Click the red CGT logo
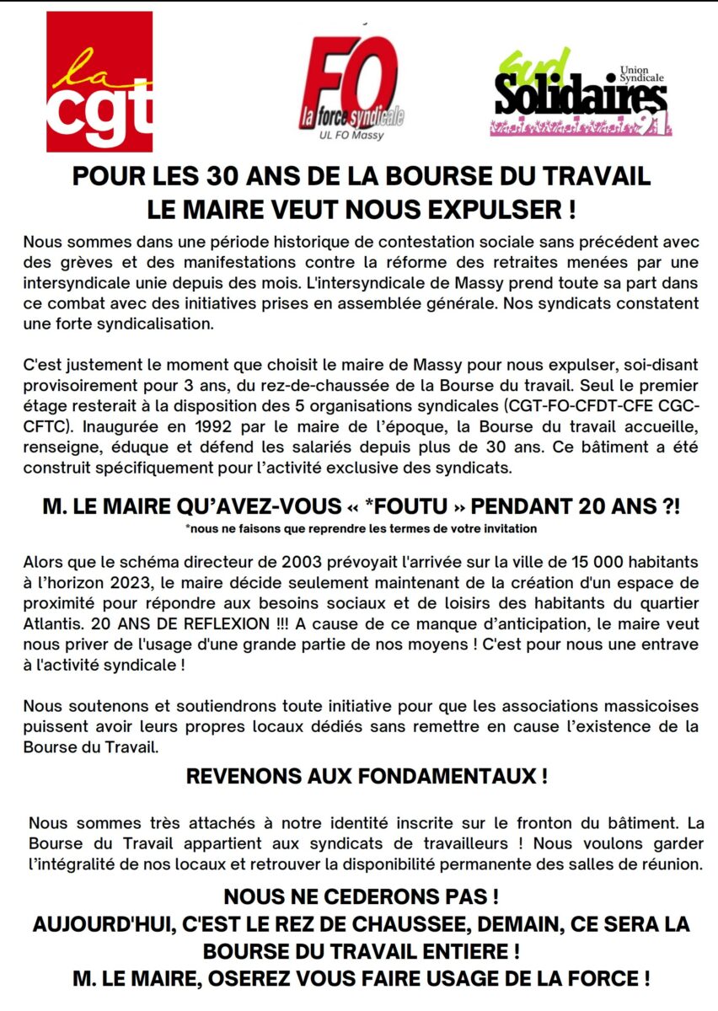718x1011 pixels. (x=99, y=82)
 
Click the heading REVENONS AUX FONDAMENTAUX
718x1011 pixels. (x=367, y=777)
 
